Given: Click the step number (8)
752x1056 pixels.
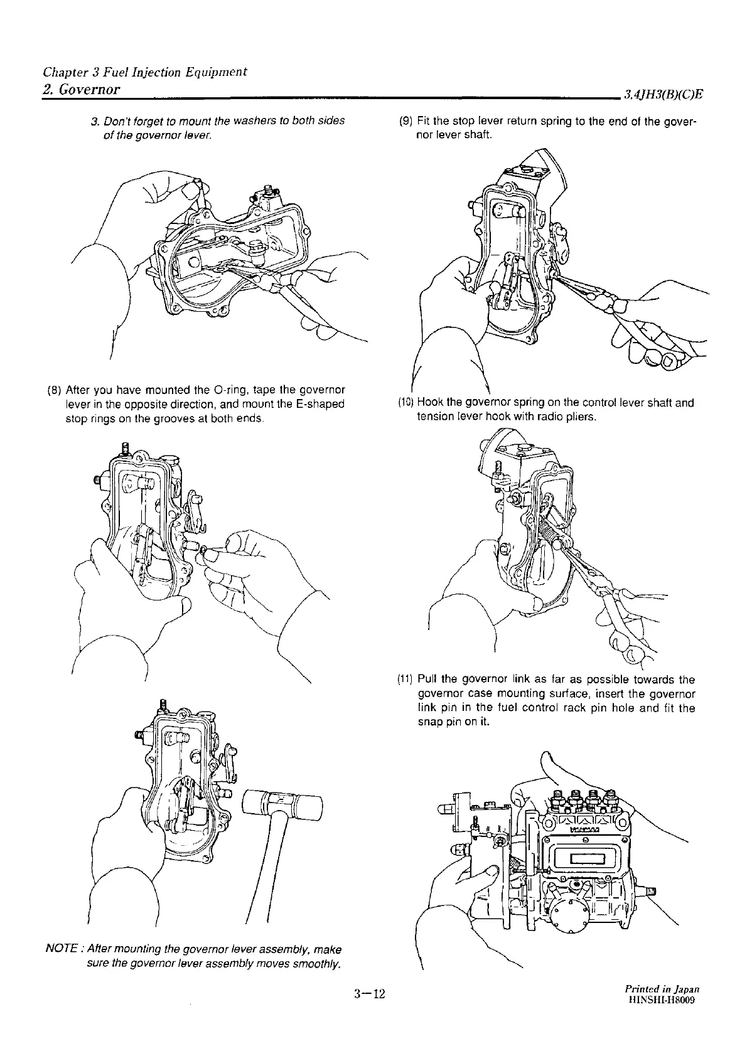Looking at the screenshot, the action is [x=54, y=391].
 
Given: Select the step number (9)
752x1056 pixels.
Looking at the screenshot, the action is [x=405, y=121].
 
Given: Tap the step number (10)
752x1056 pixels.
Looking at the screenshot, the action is [x=406, y=403].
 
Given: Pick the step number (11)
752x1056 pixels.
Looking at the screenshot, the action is [x=406, y=680].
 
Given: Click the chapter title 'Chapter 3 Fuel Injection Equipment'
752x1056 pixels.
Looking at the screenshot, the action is [x=144, y=72].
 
